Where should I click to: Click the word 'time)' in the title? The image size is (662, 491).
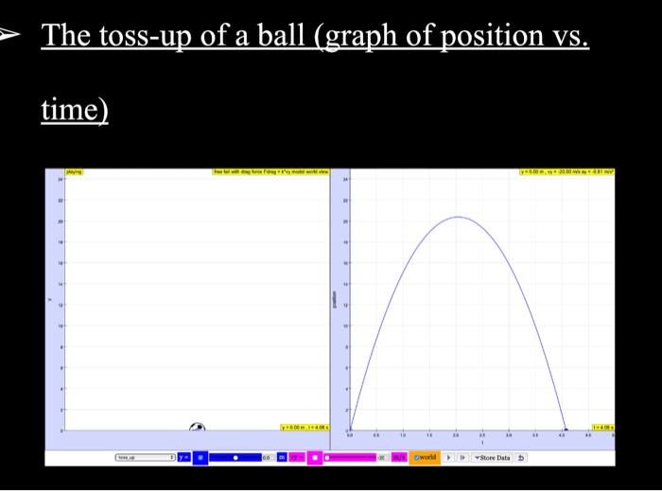pyautogui.click(x=75, y=111)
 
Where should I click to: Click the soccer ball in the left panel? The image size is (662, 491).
pyautogui.click(x=198, y=429)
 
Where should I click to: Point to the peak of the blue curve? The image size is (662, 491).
pyautogui.click(x=457, y=217)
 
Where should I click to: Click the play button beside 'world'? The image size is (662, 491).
pyautogui.click(x=448, y=457)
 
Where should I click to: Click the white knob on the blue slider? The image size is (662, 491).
pyautogui.click(x=236, y=457)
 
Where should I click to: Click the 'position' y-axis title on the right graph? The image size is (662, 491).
pyautogui.click(x=335, y=299)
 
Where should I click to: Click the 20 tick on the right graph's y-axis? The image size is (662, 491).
pyautogui.click(x=345, y=219)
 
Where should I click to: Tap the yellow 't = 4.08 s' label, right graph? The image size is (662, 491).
pyautogui.click(x=602, y=427)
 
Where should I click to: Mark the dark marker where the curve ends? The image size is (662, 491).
pyautogui.click(x=566, y=430)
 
